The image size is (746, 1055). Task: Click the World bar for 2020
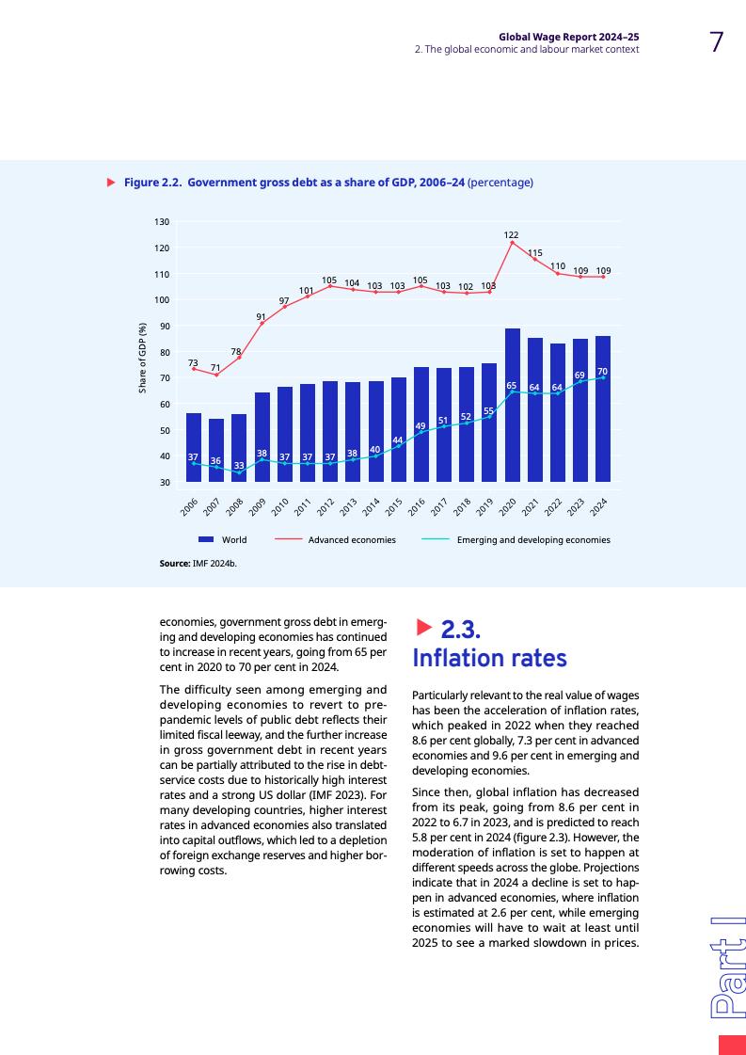pos(512,405)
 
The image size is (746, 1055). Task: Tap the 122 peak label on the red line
pos(511,234)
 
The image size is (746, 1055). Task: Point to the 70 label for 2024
pos(602,372)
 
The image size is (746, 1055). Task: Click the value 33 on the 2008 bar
pos(239,465)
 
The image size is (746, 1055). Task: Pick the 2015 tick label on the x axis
pos(395,507)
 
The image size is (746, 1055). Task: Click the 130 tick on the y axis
pos(162,222)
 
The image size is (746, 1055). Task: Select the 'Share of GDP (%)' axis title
pos(143,358)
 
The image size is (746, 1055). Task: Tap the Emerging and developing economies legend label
pos(533,540)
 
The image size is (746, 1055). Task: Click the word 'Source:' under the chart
pos(175,565)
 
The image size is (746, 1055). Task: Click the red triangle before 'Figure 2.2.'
pos(111,182)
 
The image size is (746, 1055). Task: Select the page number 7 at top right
pos(717,42)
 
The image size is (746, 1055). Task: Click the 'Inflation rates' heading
pos(489,657)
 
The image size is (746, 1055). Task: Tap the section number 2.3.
pos(461,628)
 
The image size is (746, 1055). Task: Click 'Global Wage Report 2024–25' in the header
pos(569,37)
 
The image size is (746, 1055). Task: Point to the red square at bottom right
pos(731,1045)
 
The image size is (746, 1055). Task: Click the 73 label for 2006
pos(193,362)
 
